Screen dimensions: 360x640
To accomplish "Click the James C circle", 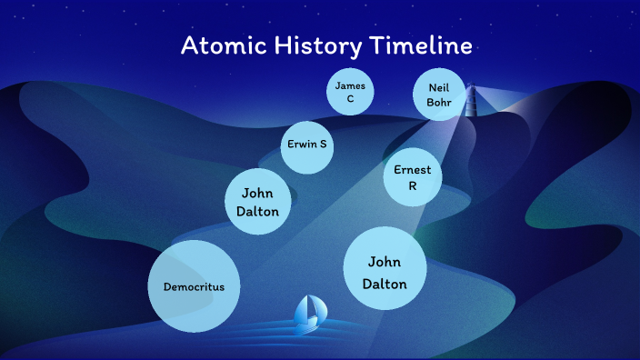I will click(x=350, y=92).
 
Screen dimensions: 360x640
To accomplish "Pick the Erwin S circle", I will click(x=308, y=145).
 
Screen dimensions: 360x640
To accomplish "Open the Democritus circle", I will click(x=194, y=286).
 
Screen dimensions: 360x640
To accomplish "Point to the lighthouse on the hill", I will click(x=471, y=101).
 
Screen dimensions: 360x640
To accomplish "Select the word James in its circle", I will click(x=350, y=85).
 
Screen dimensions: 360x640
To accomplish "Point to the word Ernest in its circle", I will click(x=413, y=170).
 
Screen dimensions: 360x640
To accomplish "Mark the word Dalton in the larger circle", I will click(x=385, y=283).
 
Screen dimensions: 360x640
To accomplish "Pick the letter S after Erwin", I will click(x=325, y=145).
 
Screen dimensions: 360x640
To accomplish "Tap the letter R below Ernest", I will click(x=413, y=186).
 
